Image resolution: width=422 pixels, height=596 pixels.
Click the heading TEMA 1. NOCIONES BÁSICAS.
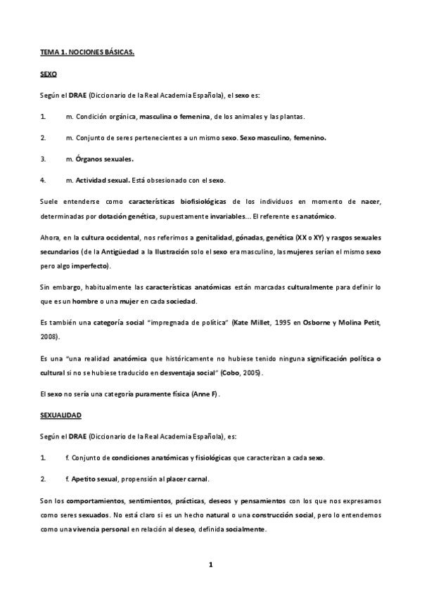(x=87, y=53)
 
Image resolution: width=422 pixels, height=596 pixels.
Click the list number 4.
(x=43, y=180)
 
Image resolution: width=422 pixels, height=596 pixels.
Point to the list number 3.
(x=43, y=159)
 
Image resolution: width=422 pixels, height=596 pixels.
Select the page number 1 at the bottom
(x=210, y=564)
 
